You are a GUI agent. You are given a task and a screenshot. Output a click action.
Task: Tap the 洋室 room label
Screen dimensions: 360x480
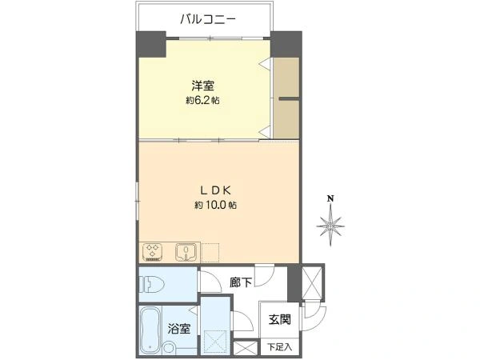click(202, 85)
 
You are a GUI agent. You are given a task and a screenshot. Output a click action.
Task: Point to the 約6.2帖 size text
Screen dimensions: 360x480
click(202, 101)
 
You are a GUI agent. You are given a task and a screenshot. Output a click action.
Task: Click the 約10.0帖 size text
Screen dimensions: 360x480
click(214, 206)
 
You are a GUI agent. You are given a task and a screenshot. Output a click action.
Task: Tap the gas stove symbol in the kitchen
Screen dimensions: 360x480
click(153, 253)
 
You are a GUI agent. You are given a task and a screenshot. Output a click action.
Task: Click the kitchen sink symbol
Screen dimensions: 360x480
click(186, 253)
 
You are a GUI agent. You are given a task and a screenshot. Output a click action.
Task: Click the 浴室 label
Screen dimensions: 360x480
click(179, 329)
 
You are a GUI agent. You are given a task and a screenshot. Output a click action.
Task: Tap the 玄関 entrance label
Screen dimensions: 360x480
click(279, 319)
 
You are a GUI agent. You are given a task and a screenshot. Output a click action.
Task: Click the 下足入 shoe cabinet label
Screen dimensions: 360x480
click(279, 347)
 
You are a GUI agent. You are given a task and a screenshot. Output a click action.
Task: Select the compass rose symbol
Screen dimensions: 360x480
click(330, 226)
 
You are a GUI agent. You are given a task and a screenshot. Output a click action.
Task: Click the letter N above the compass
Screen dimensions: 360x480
click(330, 198)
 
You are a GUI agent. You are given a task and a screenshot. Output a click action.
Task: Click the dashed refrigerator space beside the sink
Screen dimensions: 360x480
click(210, 253)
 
